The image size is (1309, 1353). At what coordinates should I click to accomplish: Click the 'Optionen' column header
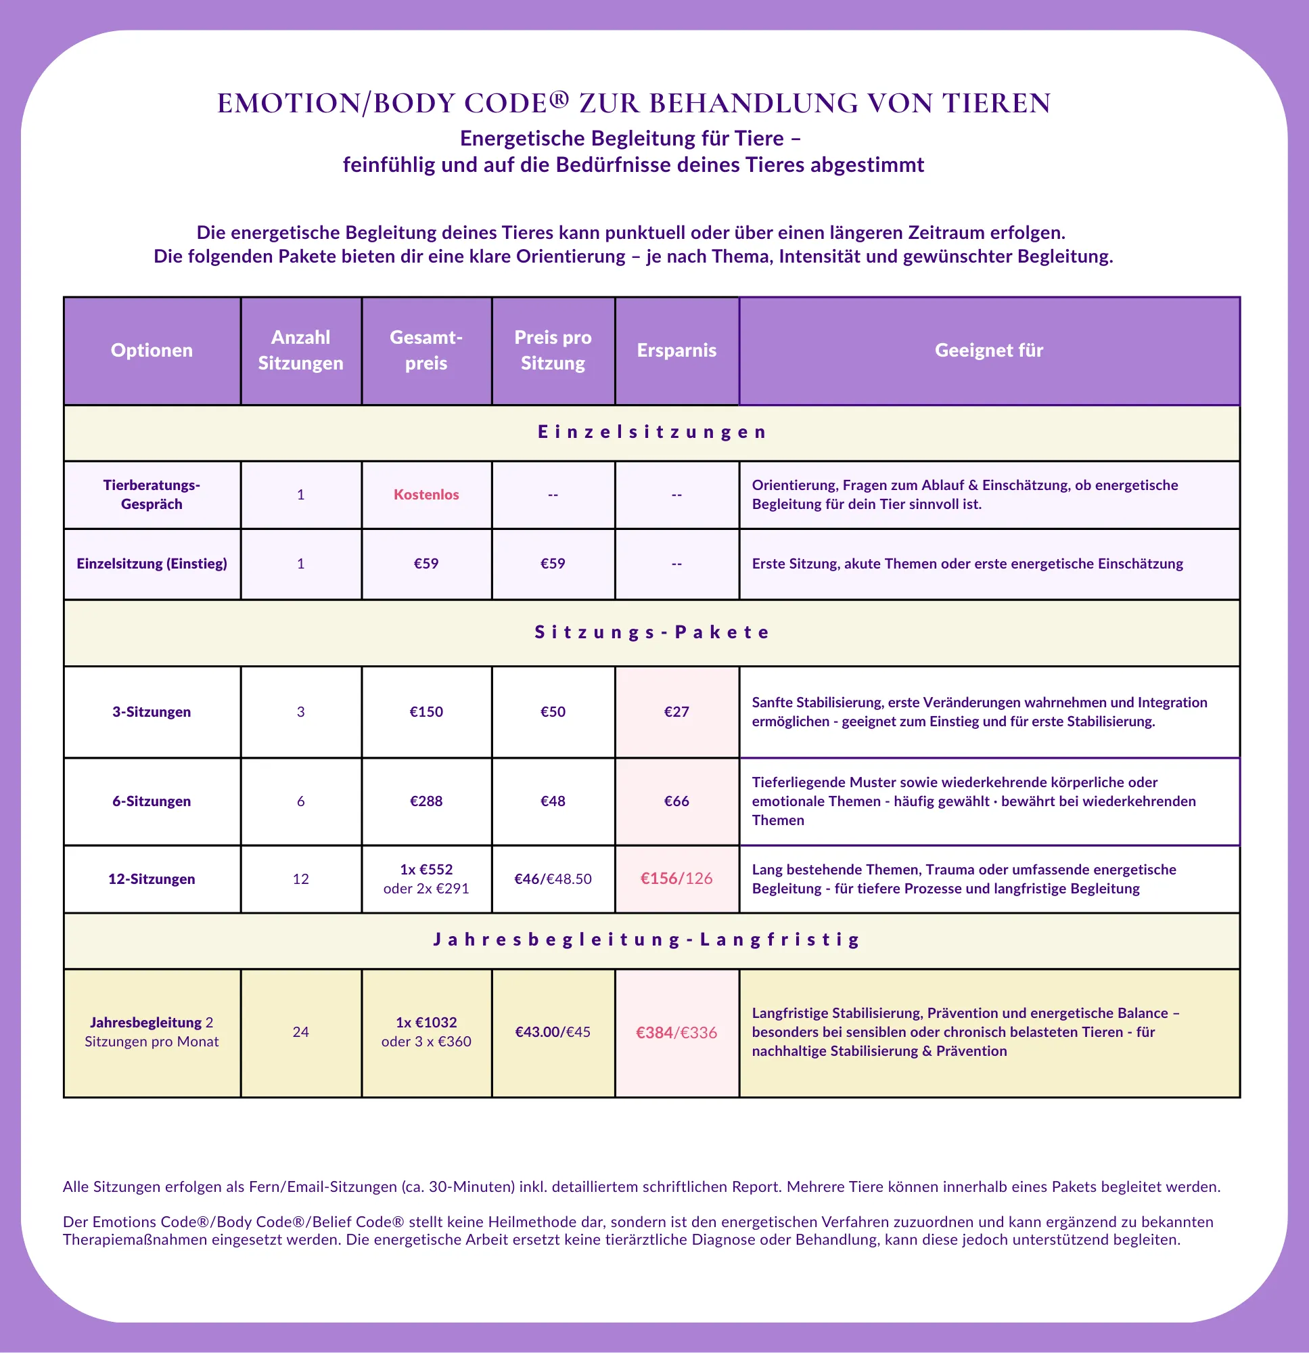click(x=152, y=350)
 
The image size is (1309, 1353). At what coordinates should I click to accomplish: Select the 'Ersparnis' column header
click(x=676, y=350)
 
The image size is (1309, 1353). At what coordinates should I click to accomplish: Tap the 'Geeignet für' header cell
click(x=989, y=350)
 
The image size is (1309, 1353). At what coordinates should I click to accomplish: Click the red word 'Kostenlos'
click(x=426, y=494)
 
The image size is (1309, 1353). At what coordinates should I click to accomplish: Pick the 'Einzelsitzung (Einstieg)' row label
click(x=152, y=563)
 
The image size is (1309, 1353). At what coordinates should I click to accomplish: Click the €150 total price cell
click(x=426, y=712)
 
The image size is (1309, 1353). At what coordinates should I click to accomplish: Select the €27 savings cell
click(x=676, y=712)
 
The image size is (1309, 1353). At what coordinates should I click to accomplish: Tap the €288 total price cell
click(x=426, y=801)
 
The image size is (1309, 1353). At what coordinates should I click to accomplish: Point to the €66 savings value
click(x=676, y=801)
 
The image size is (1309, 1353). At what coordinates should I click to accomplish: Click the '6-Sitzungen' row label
click(x=152, y=801)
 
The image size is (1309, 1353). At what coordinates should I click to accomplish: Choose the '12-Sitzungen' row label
click(x=152, y=879)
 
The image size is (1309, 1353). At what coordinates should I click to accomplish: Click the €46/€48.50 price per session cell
click(x=553, y=879)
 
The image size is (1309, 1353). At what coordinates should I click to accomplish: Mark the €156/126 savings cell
click(x=676, y=878)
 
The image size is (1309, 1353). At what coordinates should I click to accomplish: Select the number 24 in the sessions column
click(x=300, y=1032)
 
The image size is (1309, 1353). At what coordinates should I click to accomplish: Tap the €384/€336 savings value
click(x=676, y=1032)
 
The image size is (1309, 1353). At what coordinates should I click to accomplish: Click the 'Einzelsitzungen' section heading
click(x=652, y=432)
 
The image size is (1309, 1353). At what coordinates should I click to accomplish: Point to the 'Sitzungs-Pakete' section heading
click(x=652, y=632)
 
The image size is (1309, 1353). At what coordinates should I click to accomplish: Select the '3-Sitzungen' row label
click(x=152, y=712)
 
